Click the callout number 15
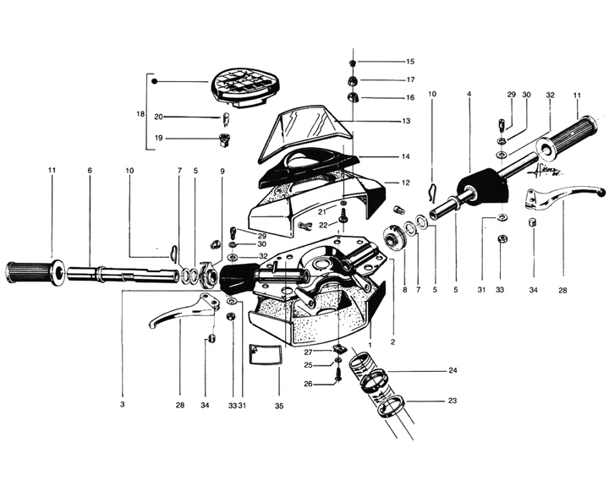410,62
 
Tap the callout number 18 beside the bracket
140,114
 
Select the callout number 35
279,406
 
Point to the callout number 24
453,370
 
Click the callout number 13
406,121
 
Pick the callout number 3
123,405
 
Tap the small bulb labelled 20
225,118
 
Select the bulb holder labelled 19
224,139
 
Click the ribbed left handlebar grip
36,273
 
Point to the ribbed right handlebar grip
567,138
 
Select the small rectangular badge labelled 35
265,354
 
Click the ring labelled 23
390,406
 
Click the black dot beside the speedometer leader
154,81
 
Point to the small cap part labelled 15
353,63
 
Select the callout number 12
405,183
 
